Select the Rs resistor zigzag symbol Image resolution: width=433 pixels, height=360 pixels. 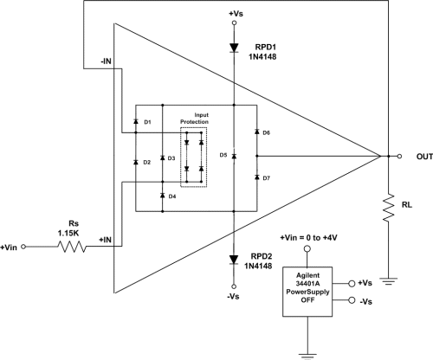74,247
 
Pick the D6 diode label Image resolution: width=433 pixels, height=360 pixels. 266,132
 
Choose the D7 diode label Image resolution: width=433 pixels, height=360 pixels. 266,177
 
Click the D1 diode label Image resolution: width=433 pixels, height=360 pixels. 147,123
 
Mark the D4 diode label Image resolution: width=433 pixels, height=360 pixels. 172,196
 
